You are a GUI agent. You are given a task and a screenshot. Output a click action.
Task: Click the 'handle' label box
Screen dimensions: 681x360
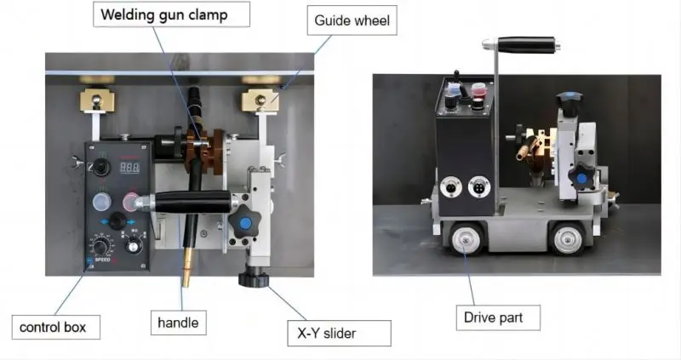pyautogui.click(x=179, y=323)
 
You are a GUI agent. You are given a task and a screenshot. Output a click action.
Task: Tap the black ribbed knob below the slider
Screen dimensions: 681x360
pyautogui.click(x=253, y=277)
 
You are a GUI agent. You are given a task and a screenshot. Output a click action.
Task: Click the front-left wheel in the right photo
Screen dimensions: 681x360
pyautogui.click(x=465, y=241)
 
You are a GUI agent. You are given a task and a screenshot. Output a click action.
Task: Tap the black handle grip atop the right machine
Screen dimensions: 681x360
pyautogui.click(x=527, y=43)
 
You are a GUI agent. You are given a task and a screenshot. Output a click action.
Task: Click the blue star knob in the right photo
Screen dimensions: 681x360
pyautogui.click(x=583, y=177)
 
